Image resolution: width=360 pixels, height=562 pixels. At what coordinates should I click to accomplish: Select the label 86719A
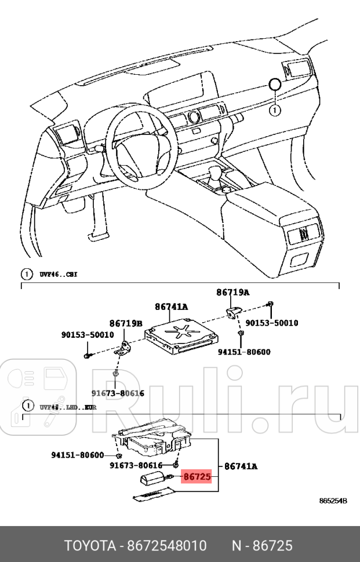click(234, 293)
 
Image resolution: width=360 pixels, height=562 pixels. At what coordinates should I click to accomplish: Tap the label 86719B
click(127, 323)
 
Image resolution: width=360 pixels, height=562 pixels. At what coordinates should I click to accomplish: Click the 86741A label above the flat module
click(171, 307)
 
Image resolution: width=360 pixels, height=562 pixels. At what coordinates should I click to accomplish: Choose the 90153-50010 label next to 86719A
click(272, 323)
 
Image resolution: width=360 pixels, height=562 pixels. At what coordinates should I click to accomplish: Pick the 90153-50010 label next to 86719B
click(88, 335)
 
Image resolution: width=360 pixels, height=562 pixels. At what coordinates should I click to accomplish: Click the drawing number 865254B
click(333, 501)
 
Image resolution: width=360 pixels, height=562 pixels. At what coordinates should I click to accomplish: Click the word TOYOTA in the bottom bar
click(90, 546)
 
